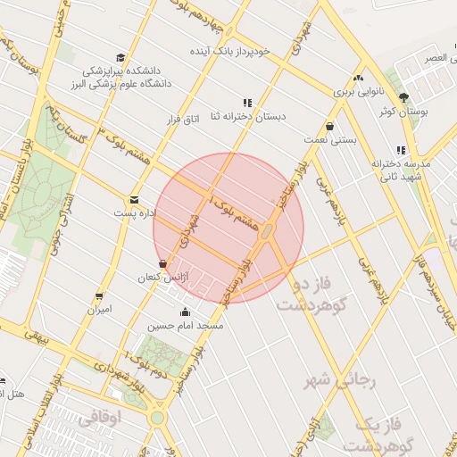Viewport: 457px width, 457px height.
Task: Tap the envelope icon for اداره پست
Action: pyautogui.click(x=134, y=200)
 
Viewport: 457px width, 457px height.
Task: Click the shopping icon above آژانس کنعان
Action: pyautogui.click(x=162, y=264)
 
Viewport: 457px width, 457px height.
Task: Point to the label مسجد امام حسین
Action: pyautogui.click(x=185, y=326)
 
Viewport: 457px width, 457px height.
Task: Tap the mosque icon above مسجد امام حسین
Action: pyautogui.click(x=185, y=312)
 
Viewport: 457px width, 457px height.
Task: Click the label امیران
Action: pyautogui.click(x=98, y=310)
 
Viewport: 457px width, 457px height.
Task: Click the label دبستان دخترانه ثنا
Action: pyautogui.click(x=247, y=117)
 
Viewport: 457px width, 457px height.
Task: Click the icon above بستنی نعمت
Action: pyautogui.click(x=330, y=127)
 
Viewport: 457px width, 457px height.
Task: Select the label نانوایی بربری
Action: pyautogui.click(x=357, y=91)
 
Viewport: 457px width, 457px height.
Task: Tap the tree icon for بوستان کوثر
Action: pyautogui.click(x=403, y=97)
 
